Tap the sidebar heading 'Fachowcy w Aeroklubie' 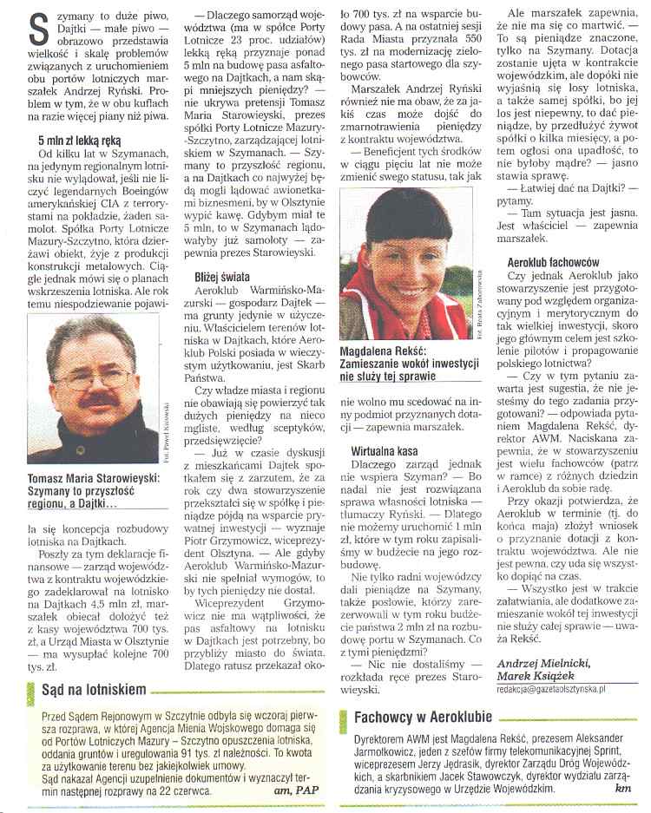pyautogui.click(x=424, y=717)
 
